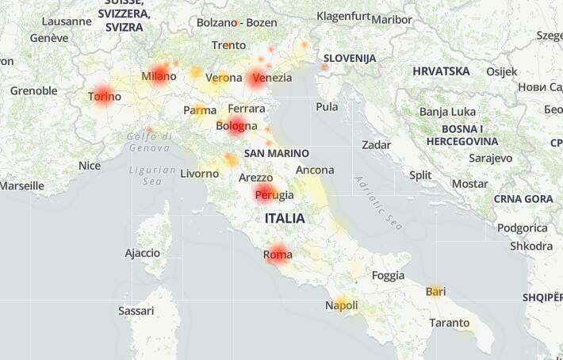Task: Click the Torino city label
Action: (x=105, y=97)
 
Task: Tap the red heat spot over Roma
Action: (x=277, y=254)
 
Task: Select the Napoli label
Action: (x=341, y=305)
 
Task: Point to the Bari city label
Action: (x=435, y=292)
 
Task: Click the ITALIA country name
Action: (x=285, y=217)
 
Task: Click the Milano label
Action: (x=159, y=76)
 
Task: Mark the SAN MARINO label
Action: (x=277, y=153)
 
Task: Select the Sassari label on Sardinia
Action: (x=136, y=311)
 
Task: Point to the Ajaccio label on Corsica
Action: (x=143, y=253)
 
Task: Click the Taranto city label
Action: (x=449, y=323)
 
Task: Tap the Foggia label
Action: (x=388, y=275)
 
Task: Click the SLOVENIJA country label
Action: (x=349, y=58)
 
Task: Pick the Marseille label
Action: (x=21, y=186)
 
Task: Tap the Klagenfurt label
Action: (x=343, y=16)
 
